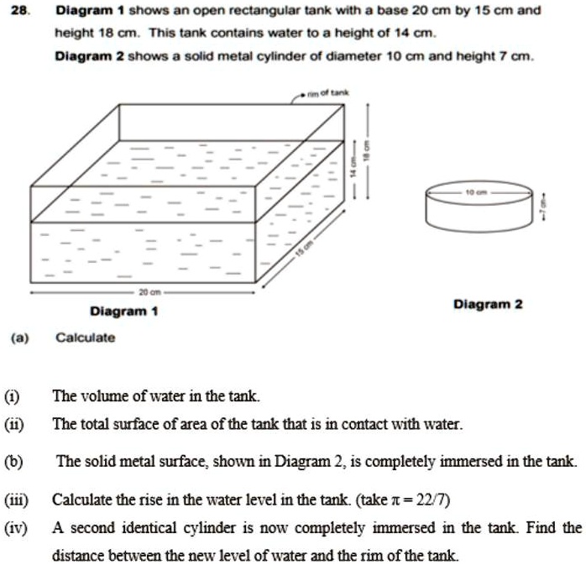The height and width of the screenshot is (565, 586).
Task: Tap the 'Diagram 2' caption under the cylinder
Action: click(488, 304)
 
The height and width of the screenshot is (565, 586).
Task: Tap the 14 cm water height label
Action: click(354, 166)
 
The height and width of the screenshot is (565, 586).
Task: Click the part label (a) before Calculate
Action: click(18, 337)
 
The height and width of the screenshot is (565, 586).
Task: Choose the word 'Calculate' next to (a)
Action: click(85, 337)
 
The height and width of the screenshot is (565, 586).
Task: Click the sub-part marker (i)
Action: click(16, 395)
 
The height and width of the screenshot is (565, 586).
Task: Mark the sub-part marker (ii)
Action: click(17, 425)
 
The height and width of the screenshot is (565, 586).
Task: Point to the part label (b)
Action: click(18, 462)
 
